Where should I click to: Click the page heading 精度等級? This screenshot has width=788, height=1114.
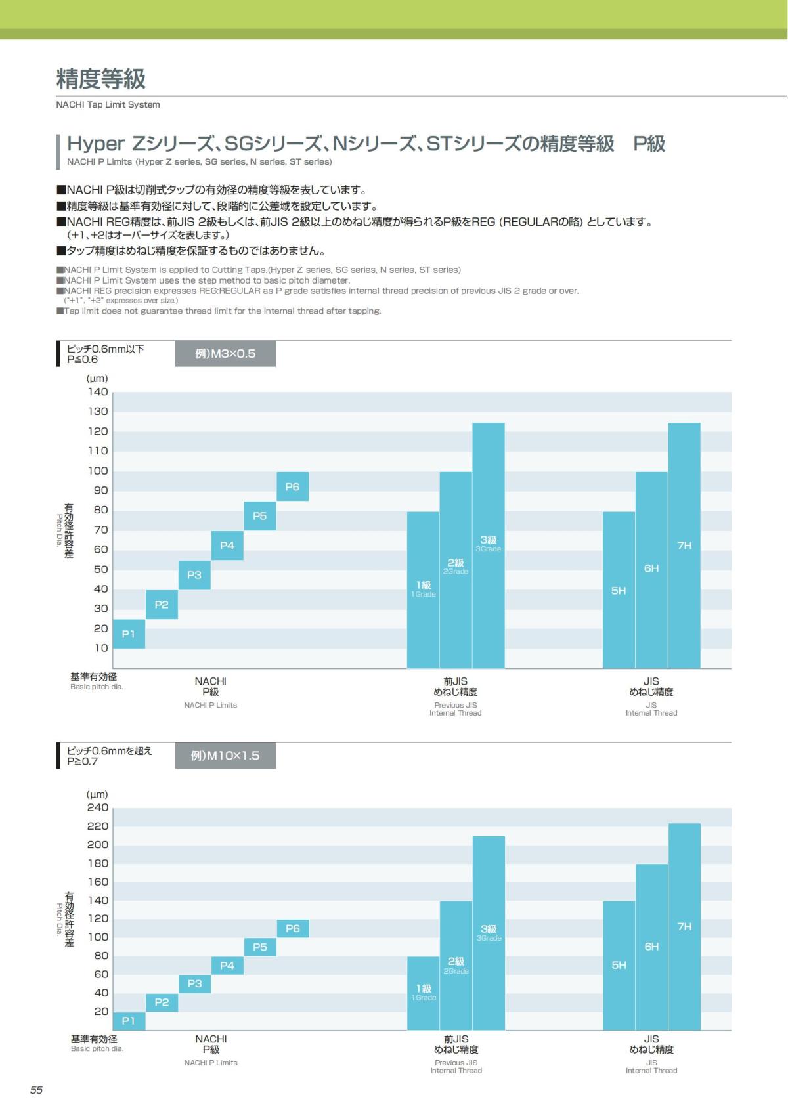point(101,79)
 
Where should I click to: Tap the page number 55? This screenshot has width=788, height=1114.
point(36,1090)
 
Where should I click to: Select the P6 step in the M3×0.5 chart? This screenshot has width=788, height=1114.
point(292,486)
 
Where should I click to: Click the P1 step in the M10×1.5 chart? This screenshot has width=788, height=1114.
point(129,1021)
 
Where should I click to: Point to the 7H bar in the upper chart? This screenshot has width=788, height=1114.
point(684,545)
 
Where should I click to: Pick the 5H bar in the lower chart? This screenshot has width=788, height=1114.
point(619,965)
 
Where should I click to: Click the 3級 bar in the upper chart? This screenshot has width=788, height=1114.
point(489,545)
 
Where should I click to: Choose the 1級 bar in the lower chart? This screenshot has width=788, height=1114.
point(424,993)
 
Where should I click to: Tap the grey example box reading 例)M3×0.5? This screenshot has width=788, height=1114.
point(225,354)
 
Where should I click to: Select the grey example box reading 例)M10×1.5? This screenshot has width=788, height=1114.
point(225,756)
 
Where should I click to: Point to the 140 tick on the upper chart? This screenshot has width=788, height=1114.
point(98,392)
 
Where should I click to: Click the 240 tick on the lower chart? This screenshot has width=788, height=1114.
point(98,807)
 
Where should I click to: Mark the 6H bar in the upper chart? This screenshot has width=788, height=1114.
point(651,568)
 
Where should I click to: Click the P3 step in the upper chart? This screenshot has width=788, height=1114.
point(194,575)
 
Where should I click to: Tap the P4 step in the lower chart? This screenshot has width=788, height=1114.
point(227,965)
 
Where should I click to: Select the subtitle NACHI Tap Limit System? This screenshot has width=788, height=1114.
point(108,104)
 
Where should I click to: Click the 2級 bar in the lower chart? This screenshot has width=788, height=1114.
point(456,965)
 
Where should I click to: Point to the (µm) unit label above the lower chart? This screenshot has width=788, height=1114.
point(97,794)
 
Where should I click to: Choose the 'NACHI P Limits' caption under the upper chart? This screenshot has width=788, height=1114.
point(210,705)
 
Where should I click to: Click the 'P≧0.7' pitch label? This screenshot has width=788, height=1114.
point(82,761)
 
